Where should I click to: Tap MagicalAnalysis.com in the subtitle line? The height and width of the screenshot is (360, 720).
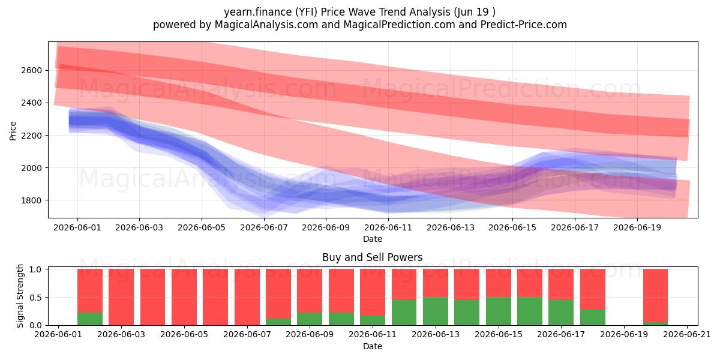pyautogui.click(x=266, y=25)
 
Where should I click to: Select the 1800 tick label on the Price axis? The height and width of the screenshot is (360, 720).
pyautogui.click(x=31, y=200)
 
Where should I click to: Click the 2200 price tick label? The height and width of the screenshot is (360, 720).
pyautogui.click(x=31, y=136)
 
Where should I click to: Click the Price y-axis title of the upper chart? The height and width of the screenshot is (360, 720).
pyautogui.click(x=13, y=131)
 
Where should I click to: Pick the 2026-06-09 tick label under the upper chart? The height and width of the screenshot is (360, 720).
pyautogui.click(x=326, y=228)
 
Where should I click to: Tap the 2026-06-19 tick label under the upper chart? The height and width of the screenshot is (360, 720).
pyautogui.click(x=637, y=228)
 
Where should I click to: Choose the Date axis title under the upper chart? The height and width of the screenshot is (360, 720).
pyautogui.click(x=373, y=239)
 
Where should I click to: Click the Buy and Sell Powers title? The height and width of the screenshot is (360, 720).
pyautogui.click(x=373, y=257)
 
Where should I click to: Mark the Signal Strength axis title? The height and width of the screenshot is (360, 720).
pyautogui.click(x=20, y=296)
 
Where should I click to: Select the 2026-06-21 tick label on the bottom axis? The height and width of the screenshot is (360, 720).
pyautogui.click(x=687, y=335)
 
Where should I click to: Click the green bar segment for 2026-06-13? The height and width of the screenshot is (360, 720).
pyautogui.click(x=436, y=311)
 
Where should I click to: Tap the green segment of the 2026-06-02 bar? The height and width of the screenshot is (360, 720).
pyautogui.click(x=90, y=319)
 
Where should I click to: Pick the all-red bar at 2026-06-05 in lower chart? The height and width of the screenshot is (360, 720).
pyautogui.click(x=184, y=297)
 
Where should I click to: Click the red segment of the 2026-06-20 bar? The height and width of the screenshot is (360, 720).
pyautogui.click(x=655, y=295)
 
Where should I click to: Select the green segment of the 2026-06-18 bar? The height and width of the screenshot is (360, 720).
pyautogui.click(x=593, y=317)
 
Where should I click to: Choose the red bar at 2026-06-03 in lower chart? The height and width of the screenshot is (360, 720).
pyautogui.click(x=121, y=297)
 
